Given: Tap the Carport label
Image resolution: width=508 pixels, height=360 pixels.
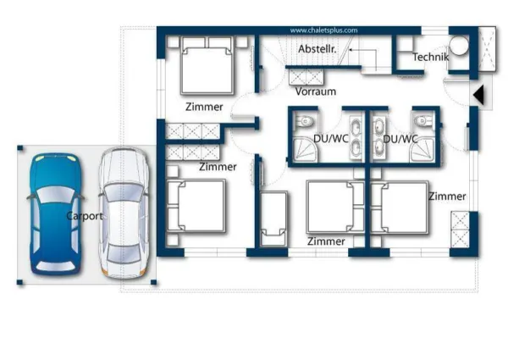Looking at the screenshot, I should coord(85,216).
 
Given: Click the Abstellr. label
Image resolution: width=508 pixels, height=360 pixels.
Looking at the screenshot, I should coord(317,50).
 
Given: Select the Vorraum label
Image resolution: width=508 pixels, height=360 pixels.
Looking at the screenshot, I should coord(315,91).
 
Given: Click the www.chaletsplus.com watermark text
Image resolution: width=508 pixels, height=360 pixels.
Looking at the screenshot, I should coord(323,30).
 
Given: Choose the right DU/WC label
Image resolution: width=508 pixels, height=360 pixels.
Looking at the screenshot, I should coord(400,139).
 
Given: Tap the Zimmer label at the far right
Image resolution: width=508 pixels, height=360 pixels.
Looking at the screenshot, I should coord(446,197).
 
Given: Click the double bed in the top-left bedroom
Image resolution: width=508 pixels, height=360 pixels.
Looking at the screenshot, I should coord(206,69).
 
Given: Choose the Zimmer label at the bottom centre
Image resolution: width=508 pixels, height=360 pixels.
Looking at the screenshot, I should coord(326,241).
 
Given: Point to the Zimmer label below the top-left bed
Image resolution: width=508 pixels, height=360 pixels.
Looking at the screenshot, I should coord(204,108).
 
